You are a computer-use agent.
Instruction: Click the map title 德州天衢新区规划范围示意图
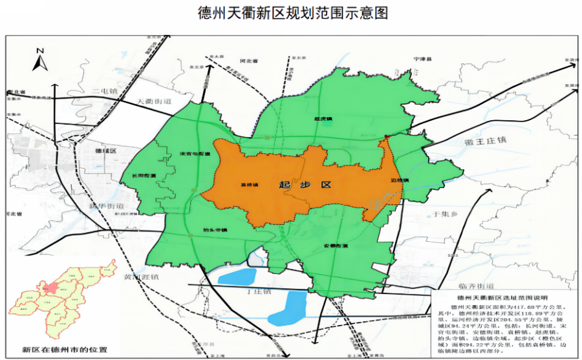(x=293, y=14)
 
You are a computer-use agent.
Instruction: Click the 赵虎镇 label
(x=323, y=120)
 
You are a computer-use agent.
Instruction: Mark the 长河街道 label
(x=144, y=176)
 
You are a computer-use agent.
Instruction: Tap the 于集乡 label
(x=445, y=213)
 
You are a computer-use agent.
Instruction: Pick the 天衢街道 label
(x=155, y=102)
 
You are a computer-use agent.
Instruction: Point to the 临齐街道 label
(x=475, y=286)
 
